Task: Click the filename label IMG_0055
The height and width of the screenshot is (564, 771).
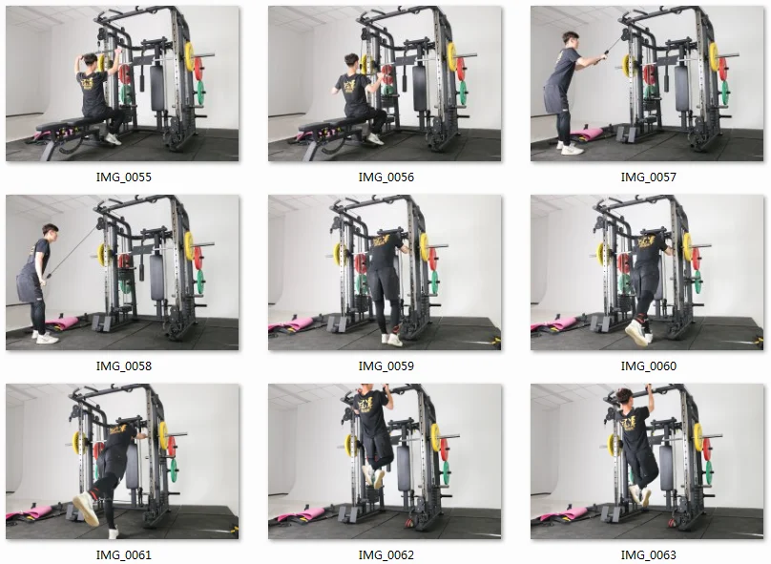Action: (x=123, y=178)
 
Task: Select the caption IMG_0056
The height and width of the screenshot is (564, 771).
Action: (x=385, y=178)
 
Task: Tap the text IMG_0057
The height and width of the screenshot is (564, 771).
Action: (x=648, y=178)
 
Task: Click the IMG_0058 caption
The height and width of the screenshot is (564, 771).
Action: (x=123, y=366)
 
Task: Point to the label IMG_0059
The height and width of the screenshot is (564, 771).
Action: (x=385, y=366)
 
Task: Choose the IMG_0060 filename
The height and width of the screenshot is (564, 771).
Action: (x=648, y=366)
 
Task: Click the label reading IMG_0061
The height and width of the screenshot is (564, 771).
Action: (x=123, y=554)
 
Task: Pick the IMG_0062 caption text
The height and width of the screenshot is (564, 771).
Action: (x=385, y=554)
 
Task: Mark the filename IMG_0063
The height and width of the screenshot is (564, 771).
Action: (x=648, y=554)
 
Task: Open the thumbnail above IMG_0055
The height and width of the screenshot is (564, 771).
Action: (x=123, y=84)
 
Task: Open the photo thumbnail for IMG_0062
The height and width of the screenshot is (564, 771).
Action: (x=385, y=461)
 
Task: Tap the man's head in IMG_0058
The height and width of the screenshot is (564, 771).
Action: (x=50, y=232)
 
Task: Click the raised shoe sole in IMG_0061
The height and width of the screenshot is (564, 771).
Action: (x=85, y=510)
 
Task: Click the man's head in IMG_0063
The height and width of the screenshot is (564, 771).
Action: (x=622, y=397)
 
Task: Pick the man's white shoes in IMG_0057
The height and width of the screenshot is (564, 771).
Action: (x=570, y=148)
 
